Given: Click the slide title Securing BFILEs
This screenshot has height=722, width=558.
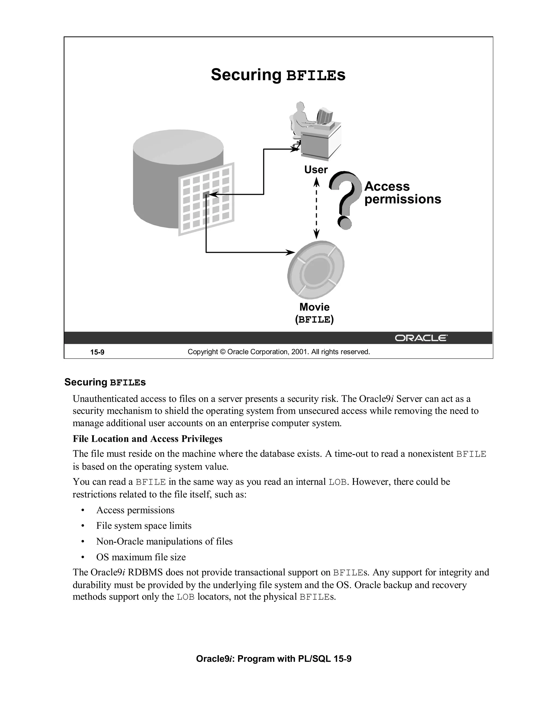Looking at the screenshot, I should point(278,75).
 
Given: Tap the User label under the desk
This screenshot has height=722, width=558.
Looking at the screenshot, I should point(316,169).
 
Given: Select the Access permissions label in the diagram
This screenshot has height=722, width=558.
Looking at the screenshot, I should point(402,193).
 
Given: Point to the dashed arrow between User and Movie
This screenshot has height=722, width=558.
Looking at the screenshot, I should point(316,208).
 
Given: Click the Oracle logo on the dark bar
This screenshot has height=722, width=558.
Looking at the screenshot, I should point(421,338).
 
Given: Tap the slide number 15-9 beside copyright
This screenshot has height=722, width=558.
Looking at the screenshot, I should point(97,352).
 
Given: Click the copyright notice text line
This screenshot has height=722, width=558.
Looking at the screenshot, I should point(279,352).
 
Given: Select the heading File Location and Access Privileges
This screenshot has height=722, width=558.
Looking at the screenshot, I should point(147,439).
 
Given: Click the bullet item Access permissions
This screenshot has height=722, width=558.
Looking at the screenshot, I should point(135,510).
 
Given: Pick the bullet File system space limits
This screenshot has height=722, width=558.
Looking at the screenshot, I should point(144,526).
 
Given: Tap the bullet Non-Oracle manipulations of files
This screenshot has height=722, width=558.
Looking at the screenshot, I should point(164,541).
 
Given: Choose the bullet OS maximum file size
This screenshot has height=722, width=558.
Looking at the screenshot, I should point(141,557).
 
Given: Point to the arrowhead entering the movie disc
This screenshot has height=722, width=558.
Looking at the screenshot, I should point(291,252).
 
